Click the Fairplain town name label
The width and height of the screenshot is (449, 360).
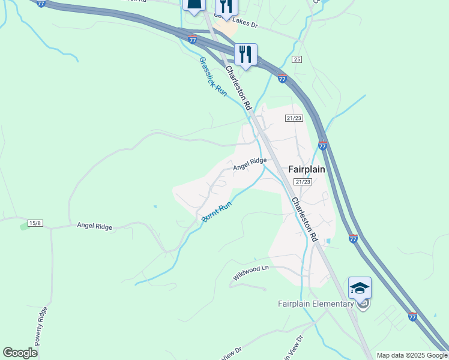[307, 169]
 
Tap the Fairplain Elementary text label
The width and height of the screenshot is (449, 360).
[316, 304]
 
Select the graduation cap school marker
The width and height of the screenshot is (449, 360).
[360, 289]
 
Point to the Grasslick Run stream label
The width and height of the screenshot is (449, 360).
[212, 77]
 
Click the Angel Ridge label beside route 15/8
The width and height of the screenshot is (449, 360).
[95, 226]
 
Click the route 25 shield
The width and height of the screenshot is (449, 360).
[297, 59]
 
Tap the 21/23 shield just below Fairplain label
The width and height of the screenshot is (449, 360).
[303, 182]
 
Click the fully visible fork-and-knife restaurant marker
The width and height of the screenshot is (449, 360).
[246, 55]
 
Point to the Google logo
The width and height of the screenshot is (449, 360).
[20, 353]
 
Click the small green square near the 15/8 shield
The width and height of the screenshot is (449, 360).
[25, 226]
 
